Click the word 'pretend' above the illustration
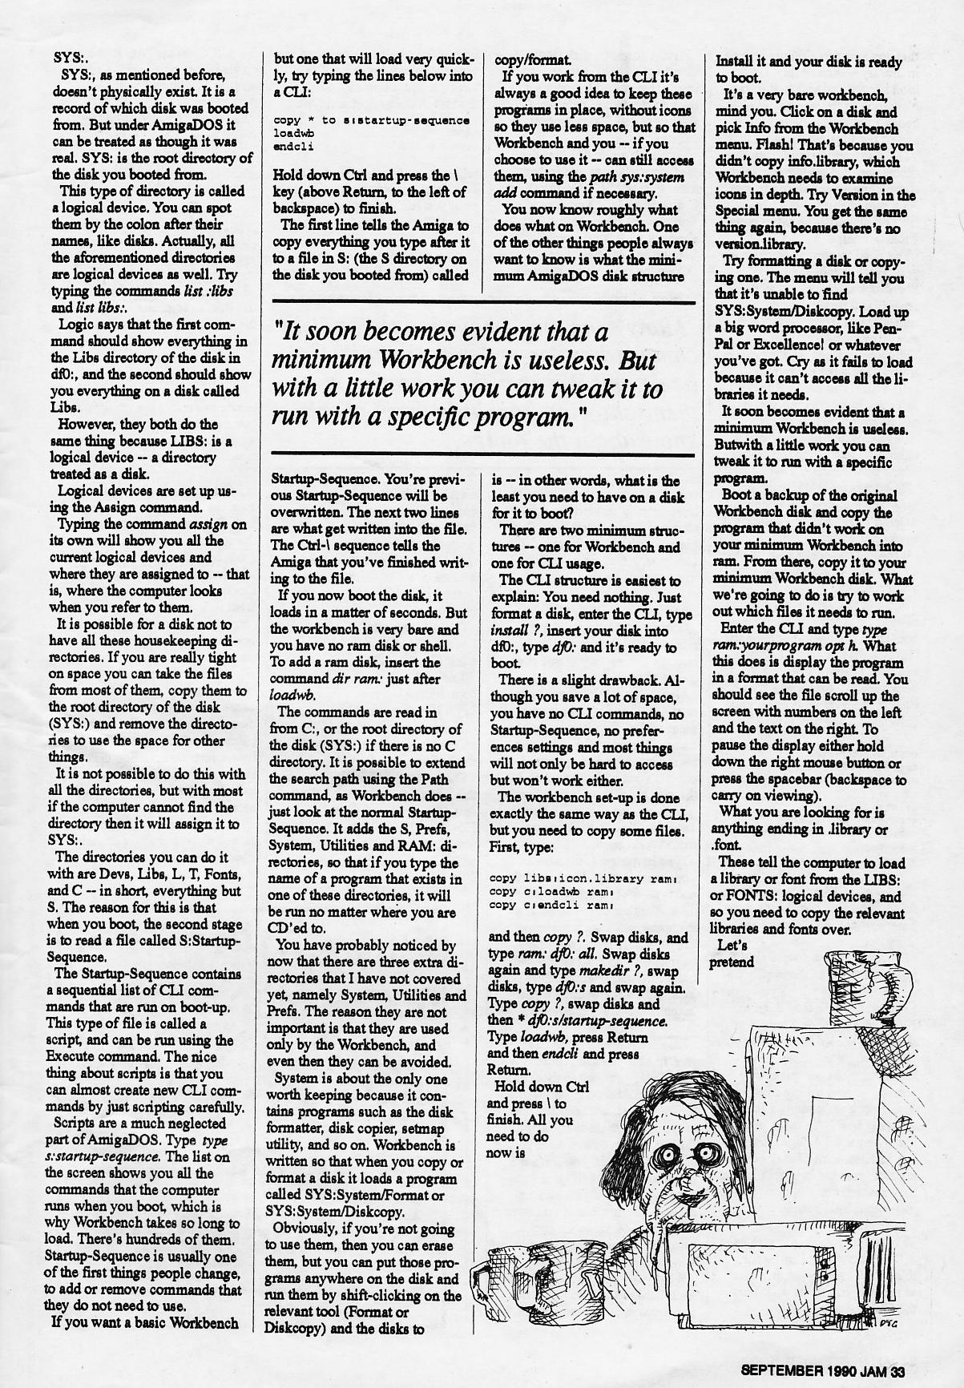point(732,962)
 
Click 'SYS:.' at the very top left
point(71,58)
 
